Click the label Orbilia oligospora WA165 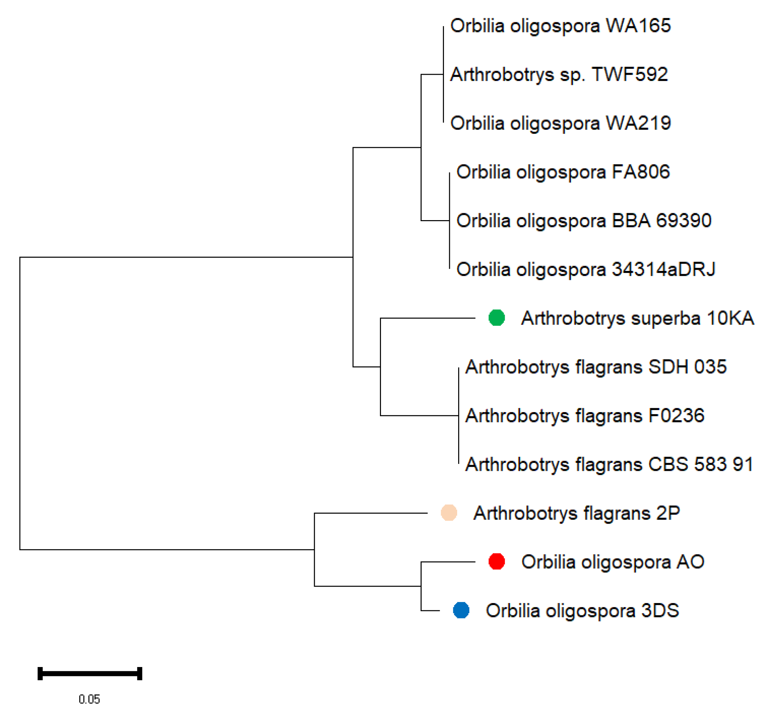[x=560, y=26]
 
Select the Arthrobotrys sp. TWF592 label [x=559, y=74]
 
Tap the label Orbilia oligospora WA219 [x=560, y=123]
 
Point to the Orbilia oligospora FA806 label [x=563, y=172]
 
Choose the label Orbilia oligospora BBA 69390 [x=583, y=221]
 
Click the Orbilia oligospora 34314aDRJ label [x=586, y=270]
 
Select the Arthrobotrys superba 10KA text [x=637, y=318]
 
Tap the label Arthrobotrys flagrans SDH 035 [x=596, y=367]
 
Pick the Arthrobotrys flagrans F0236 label [x=584, y=416]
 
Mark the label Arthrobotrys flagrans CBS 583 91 [x=609, y=465]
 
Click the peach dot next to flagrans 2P [x=449, y=513]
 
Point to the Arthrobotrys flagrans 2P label [x=576, y=513]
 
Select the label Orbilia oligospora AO [x=612, y=562]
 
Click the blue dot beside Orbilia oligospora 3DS [x=461, y=610]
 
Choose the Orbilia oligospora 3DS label [x=582, y=611]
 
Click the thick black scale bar [x=90, y=673]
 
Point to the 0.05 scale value [x=89, y=699]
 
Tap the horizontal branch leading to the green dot [x=427, y=318]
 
